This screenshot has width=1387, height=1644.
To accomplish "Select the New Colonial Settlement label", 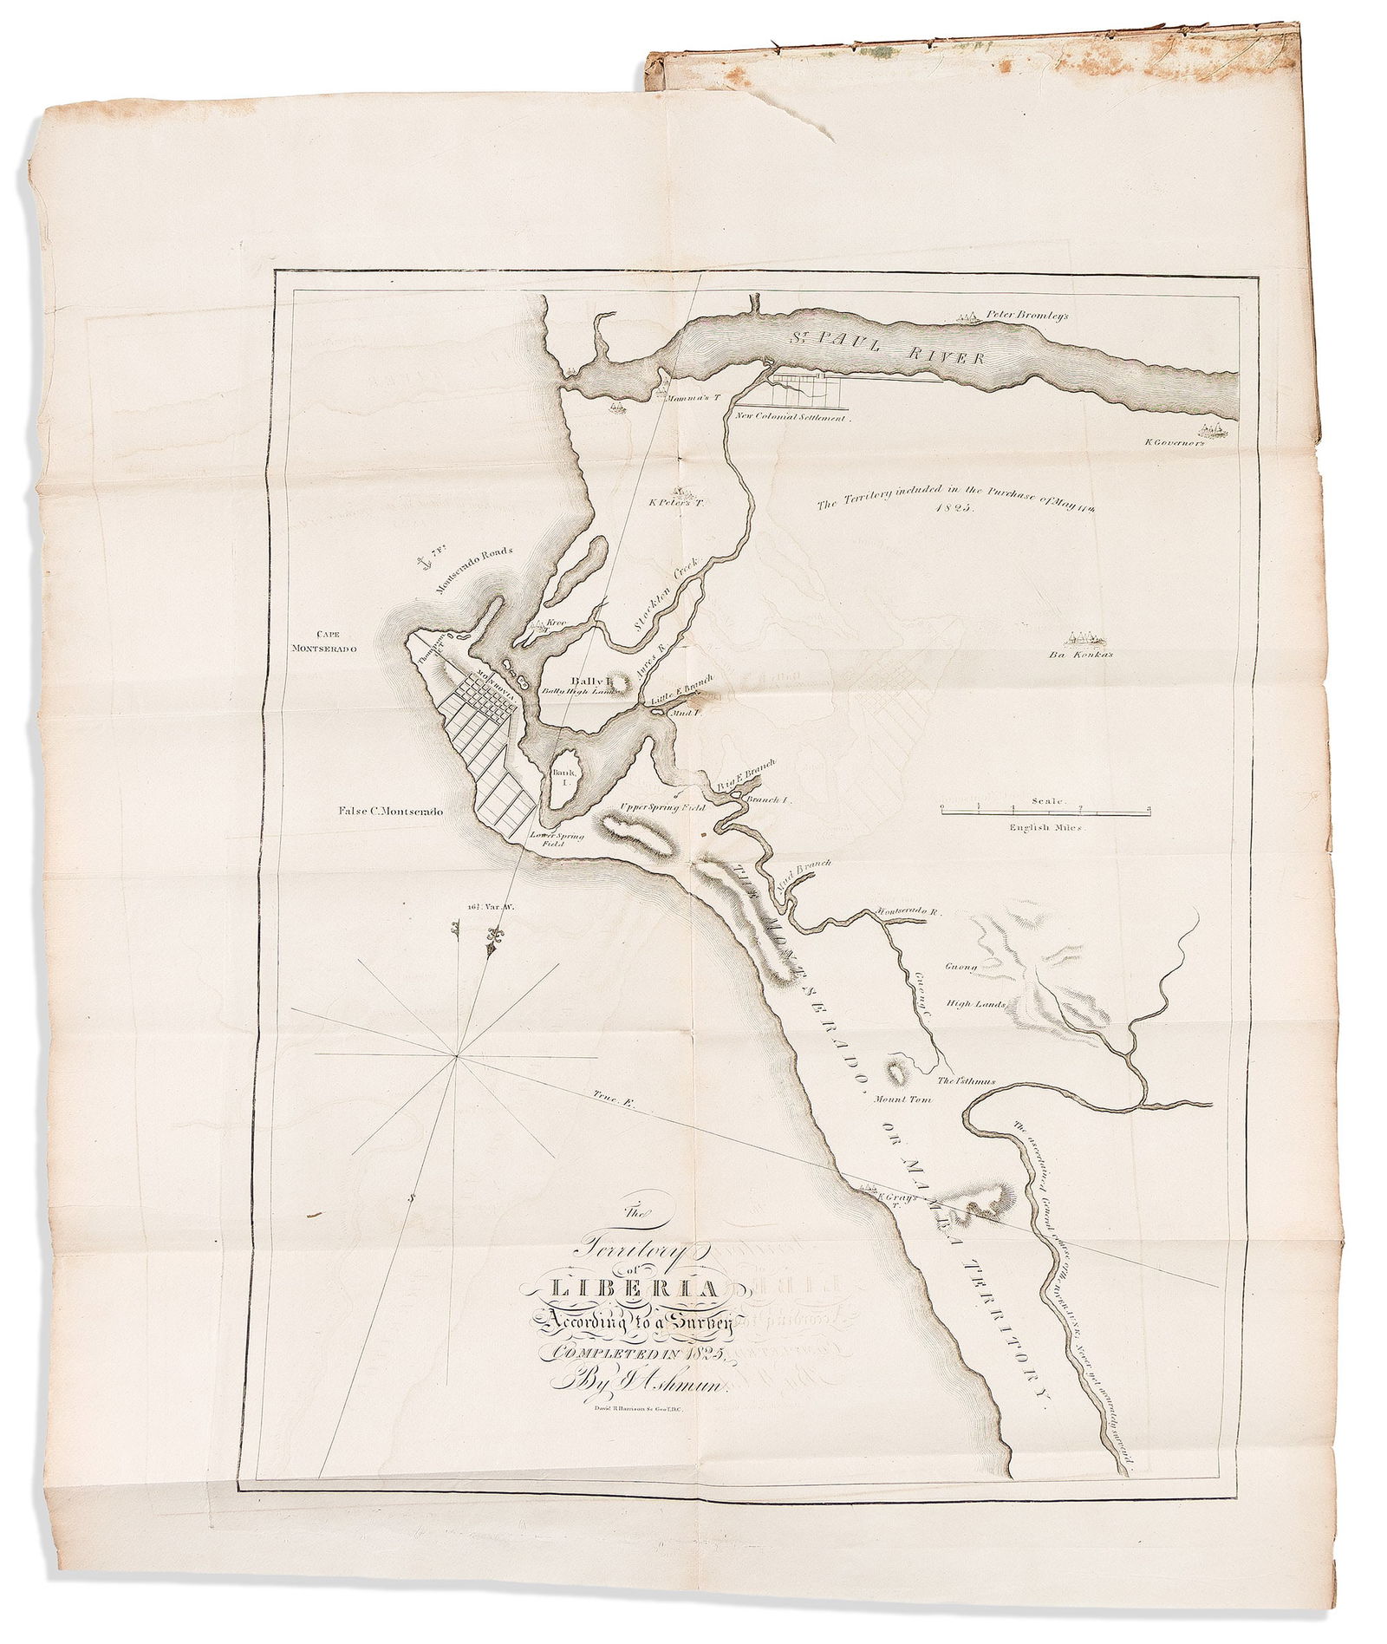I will (794, 417).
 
